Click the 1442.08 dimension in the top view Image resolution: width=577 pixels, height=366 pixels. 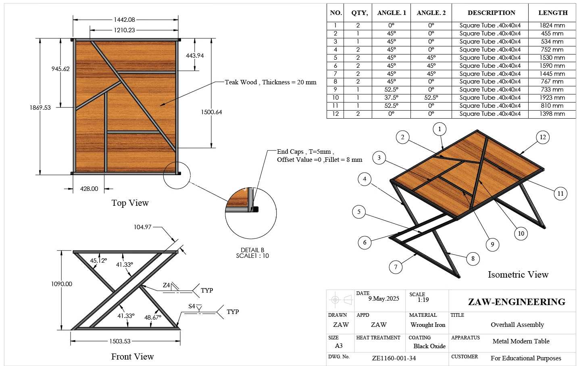pyautogui.click(x=125, y=20)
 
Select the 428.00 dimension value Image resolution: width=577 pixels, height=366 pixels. pyautogui.click(x=89, y=189)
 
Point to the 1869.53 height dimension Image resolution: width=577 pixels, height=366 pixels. pyautogui.click(x=40, y=107)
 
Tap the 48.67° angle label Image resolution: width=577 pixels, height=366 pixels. pyautogui.click(x=153, y=317)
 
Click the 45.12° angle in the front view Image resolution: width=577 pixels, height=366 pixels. pyautogui.click(x=98, y=261)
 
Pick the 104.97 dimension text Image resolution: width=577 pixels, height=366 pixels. pyautogui.click(x=142, y=227)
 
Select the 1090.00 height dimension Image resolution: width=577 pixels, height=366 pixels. pyautogui.click(x=62, y=284)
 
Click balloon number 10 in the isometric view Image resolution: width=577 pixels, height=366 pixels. pyautogui.click(x=521, y=234)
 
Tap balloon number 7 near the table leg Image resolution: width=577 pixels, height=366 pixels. pyautogui.click(x=396, y=267)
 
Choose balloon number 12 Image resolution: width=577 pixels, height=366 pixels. pyautogui.click(x=543, y=137)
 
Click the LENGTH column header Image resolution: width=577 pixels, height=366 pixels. pyautogui.click(x=553, y=13)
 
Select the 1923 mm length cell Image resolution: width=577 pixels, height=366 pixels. pyautogui.click(x=552, y=98)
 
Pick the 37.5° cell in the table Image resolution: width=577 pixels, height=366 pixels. pyautogui.click(x=391, y=98)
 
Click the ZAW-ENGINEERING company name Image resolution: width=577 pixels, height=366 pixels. pyautogui.click(x=517, y=302)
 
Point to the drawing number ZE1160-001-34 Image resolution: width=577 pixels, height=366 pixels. pyautogui.click(x=394, y=358)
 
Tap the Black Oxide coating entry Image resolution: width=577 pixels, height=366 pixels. pyautogui.click(x=429, y=346)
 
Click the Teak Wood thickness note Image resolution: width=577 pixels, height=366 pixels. pyautogui.click(x=271, y=82)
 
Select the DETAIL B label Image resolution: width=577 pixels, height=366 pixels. pyautogui.click(x=252, y=250)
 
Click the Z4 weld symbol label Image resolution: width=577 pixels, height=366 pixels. pyautogui.click(x=166, y=285)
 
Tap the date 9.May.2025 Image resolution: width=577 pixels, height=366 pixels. pyautogui.click(x=383, y=299)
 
